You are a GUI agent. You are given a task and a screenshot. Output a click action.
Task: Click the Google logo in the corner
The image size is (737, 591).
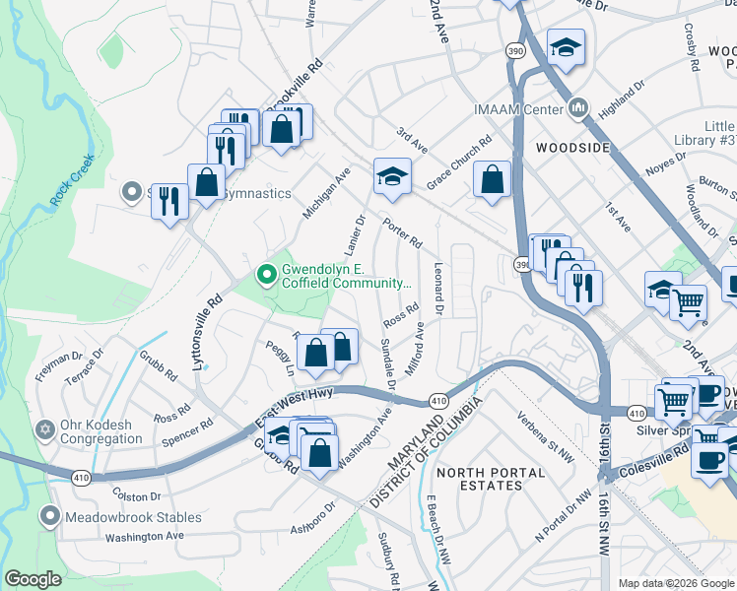point(33,579)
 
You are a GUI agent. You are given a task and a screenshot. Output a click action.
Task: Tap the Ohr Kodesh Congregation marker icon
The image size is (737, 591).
point(44,430)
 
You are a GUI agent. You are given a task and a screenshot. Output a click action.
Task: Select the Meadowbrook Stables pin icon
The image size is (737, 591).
point(50,516)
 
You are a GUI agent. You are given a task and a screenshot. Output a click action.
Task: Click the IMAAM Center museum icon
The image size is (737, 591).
point(578,107)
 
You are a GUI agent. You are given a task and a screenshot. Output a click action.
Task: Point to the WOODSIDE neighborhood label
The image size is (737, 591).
point(572,147)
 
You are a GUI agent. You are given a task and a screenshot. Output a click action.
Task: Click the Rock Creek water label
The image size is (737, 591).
point(73,181)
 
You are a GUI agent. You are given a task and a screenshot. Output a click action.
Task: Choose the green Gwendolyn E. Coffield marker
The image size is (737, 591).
point(264,273)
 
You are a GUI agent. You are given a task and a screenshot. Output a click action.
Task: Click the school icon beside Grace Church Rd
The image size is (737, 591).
point(391,177)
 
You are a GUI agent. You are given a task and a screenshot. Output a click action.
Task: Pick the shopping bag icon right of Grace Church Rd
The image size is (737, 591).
point(491,180)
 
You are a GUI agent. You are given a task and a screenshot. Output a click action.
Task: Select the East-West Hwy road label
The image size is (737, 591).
point(295,406)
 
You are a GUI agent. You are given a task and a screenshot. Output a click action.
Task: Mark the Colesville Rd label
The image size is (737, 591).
point(653,460)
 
